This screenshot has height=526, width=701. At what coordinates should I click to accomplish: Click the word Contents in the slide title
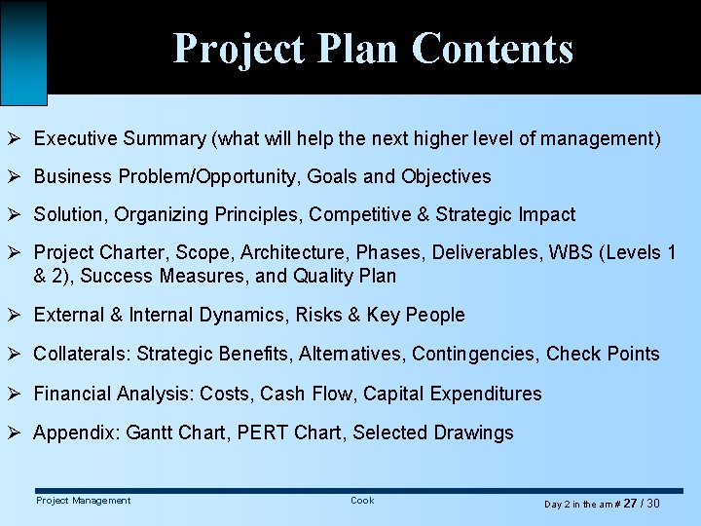492,48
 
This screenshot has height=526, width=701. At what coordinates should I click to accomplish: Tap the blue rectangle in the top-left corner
23,52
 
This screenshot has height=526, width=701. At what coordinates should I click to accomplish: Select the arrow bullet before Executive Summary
17,139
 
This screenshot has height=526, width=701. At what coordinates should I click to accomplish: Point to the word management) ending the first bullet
604,139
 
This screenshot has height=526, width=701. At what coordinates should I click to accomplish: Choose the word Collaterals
82,354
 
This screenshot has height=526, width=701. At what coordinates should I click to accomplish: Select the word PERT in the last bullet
256,432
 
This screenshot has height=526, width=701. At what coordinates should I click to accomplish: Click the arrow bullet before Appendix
17,432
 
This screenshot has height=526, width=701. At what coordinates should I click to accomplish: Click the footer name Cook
362,501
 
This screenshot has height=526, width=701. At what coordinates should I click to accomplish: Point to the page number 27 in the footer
630,503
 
